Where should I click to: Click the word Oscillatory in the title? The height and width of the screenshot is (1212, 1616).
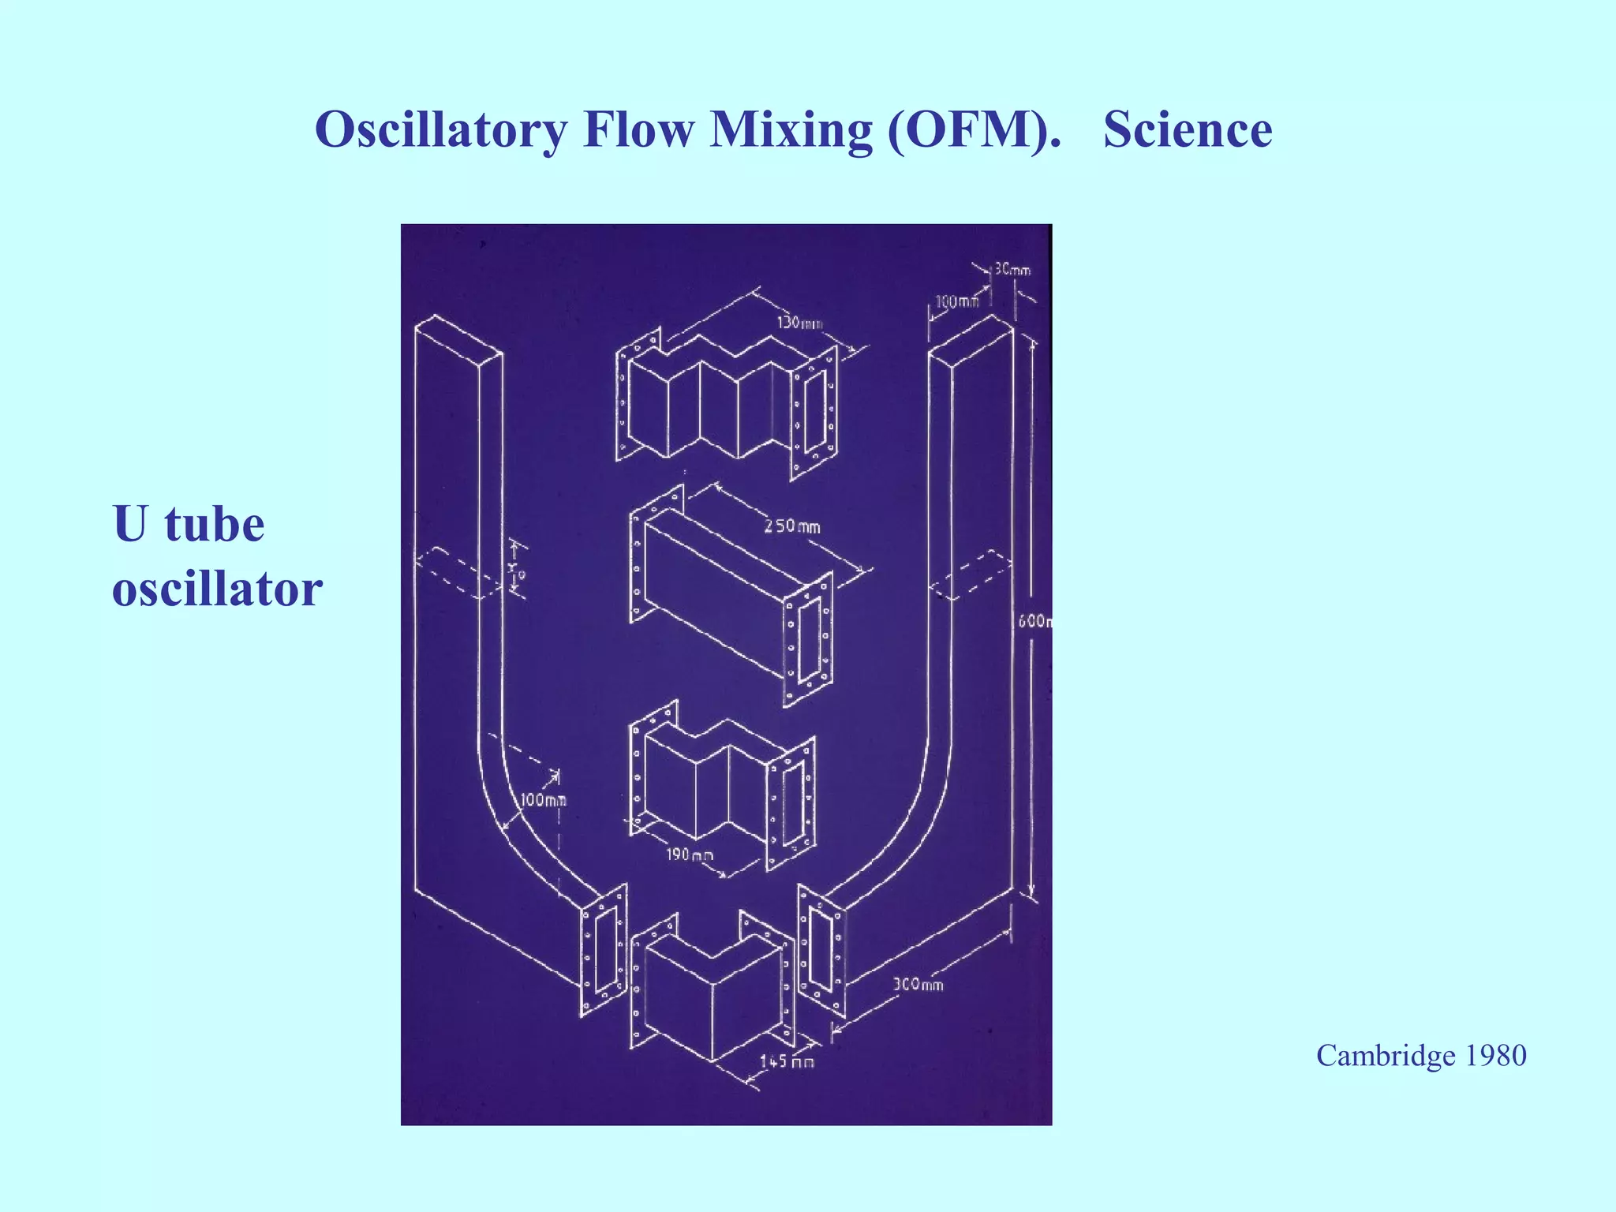tap(440, 130)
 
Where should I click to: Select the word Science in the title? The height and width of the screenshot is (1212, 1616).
tap(1188, 130)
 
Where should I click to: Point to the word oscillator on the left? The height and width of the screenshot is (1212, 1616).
tap(217, 589)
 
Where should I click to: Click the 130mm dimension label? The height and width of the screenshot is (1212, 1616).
tap(799, 323)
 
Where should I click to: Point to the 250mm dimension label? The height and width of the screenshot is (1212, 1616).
tap(791, 526)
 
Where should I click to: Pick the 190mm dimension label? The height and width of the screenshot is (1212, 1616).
tap(689, 855)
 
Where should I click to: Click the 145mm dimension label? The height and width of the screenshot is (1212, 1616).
tap(787, 1061)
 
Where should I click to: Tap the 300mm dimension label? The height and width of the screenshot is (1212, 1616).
tap(918, 984)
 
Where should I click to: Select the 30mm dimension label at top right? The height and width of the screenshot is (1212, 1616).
tap(1012, 270)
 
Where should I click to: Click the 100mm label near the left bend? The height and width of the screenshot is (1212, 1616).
tap(543, 800)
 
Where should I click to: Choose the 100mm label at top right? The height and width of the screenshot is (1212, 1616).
tap(956, 301)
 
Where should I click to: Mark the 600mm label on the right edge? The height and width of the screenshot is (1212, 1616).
tap(1034, 621)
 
